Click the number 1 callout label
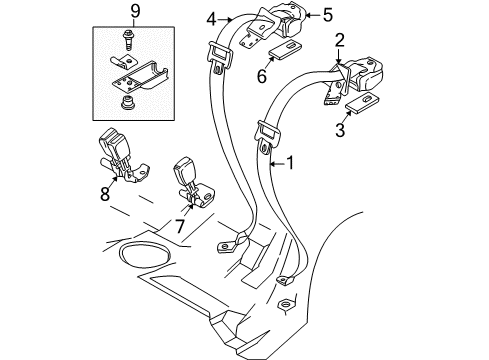click(291, 162)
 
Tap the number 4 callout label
click(212, 16)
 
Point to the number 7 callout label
click(180, 225)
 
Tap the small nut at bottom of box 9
click(128, 104)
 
